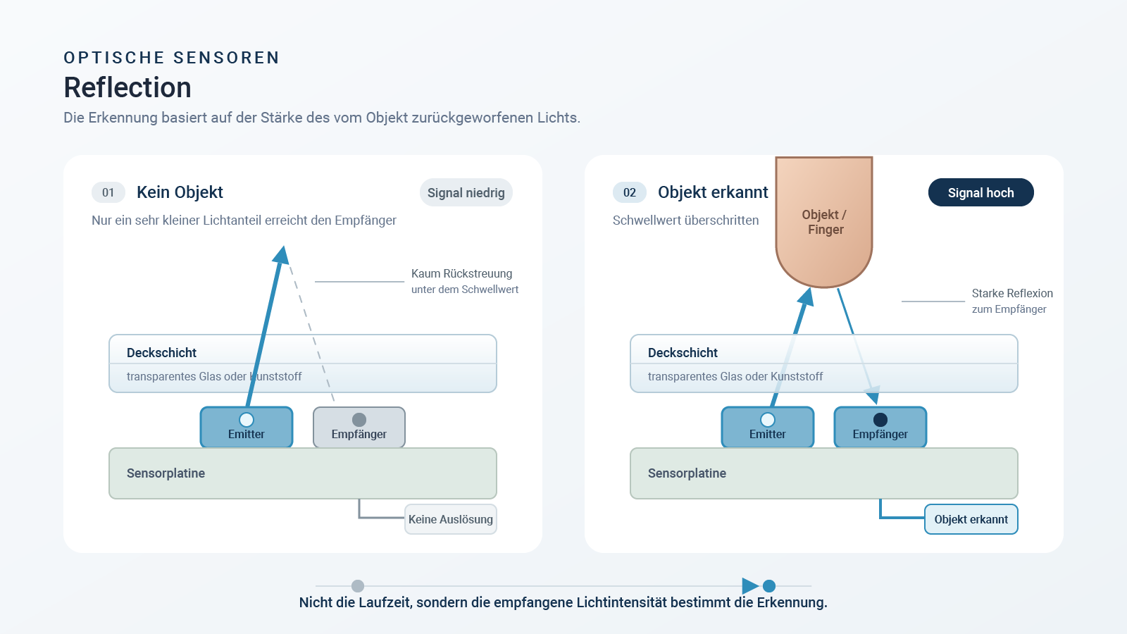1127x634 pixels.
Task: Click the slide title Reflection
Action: [127, 87]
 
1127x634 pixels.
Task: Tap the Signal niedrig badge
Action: [466, 193]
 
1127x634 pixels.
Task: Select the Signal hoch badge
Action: [980, 193]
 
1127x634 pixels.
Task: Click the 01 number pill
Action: [108, 192]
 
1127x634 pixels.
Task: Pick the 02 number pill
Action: [630, 192]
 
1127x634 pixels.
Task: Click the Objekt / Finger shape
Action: [824, 221]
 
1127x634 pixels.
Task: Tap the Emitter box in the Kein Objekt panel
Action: [247, 427]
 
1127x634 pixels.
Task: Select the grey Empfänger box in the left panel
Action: [359, 427]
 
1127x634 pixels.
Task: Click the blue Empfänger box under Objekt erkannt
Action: [880, 427]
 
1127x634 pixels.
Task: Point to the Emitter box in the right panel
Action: [768, 427]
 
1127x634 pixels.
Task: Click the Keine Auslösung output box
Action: [451, 519]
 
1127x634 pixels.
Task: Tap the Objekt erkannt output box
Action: [971, 519]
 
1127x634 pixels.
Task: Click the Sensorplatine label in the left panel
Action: [166, 473]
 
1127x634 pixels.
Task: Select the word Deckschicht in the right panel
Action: [683, 353]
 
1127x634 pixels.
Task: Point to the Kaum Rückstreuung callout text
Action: [462, 274]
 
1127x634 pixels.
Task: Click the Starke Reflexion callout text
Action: [1012, 293]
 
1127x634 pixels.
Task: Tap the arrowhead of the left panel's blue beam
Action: [282, 255]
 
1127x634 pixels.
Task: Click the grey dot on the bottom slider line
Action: [358, 586]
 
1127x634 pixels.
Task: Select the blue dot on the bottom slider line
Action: [768, 586]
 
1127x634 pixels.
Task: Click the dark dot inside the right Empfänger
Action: [880, 420]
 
